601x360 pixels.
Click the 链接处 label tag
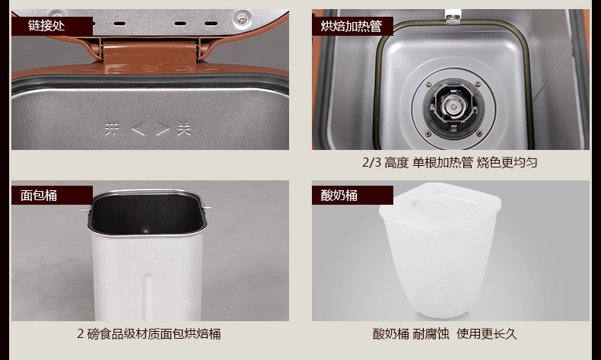pos(52,26)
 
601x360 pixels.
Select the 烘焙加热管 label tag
pos(352,26)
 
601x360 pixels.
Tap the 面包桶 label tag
pos(52,195)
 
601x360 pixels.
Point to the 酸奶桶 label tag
pos(352,195)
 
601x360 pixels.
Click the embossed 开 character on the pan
pos(112,129)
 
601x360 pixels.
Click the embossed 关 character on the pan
pos(184,129)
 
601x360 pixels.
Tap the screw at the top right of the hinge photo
pos(242,18)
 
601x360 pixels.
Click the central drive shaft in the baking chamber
pos(453,106)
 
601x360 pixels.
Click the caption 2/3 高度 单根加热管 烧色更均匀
pos(450,163)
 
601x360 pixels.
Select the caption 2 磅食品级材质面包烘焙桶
pos(149,333)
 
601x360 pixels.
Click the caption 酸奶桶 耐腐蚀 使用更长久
pos(445,333)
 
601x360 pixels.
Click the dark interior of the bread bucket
pos(147,214)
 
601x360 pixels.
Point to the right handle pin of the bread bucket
pos(207,209)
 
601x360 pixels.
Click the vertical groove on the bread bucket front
pos(148,297)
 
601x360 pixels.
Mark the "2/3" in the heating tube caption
pos(372,163)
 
